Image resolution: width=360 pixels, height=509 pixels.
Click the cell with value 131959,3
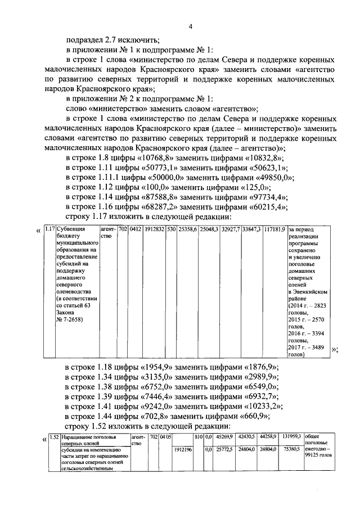291,435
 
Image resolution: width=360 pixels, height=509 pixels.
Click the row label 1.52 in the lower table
54,436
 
